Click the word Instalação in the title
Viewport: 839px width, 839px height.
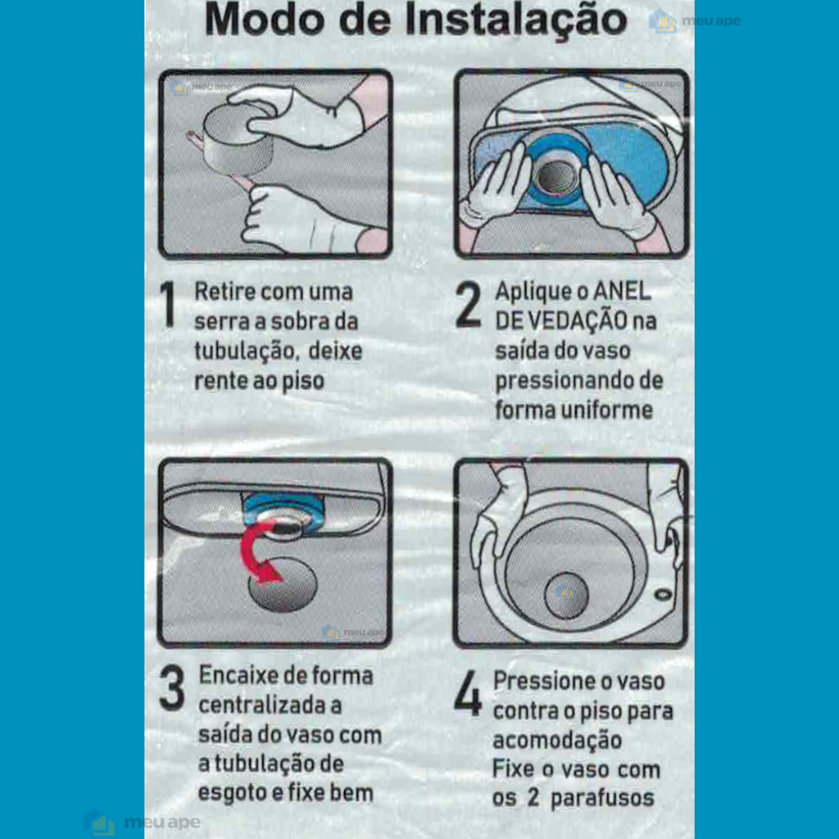tap(516, 21)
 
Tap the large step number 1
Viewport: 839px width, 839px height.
tap(169, 303)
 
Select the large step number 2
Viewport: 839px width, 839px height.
tap(468, 304)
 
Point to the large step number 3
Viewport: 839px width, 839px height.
tap(172, 688)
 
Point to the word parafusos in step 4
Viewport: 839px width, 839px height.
tap(602, 798)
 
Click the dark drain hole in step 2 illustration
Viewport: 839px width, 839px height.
tap(556, 177)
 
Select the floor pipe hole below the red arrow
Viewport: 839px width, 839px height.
tap(283, 585)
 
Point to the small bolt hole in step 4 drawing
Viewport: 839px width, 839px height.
tap(664, 593)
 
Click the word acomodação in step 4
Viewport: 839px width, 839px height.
tap(557, 741)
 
